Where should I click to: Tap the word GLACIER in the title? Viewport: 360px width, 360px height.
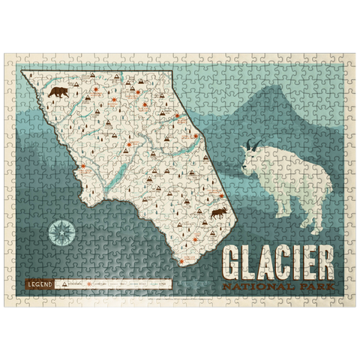tap(278, 259)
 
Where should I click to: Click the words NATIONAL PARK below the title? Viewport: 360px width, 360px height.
tap(279, 286)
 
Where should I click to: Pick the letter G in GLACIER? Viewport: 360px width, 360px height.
tap(232, 259)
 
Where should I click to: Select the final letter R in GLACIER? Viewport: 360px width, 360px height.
tap(327, 259)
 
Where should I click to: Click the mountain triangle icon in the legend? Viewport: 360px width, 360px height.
tap(66, 285)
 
